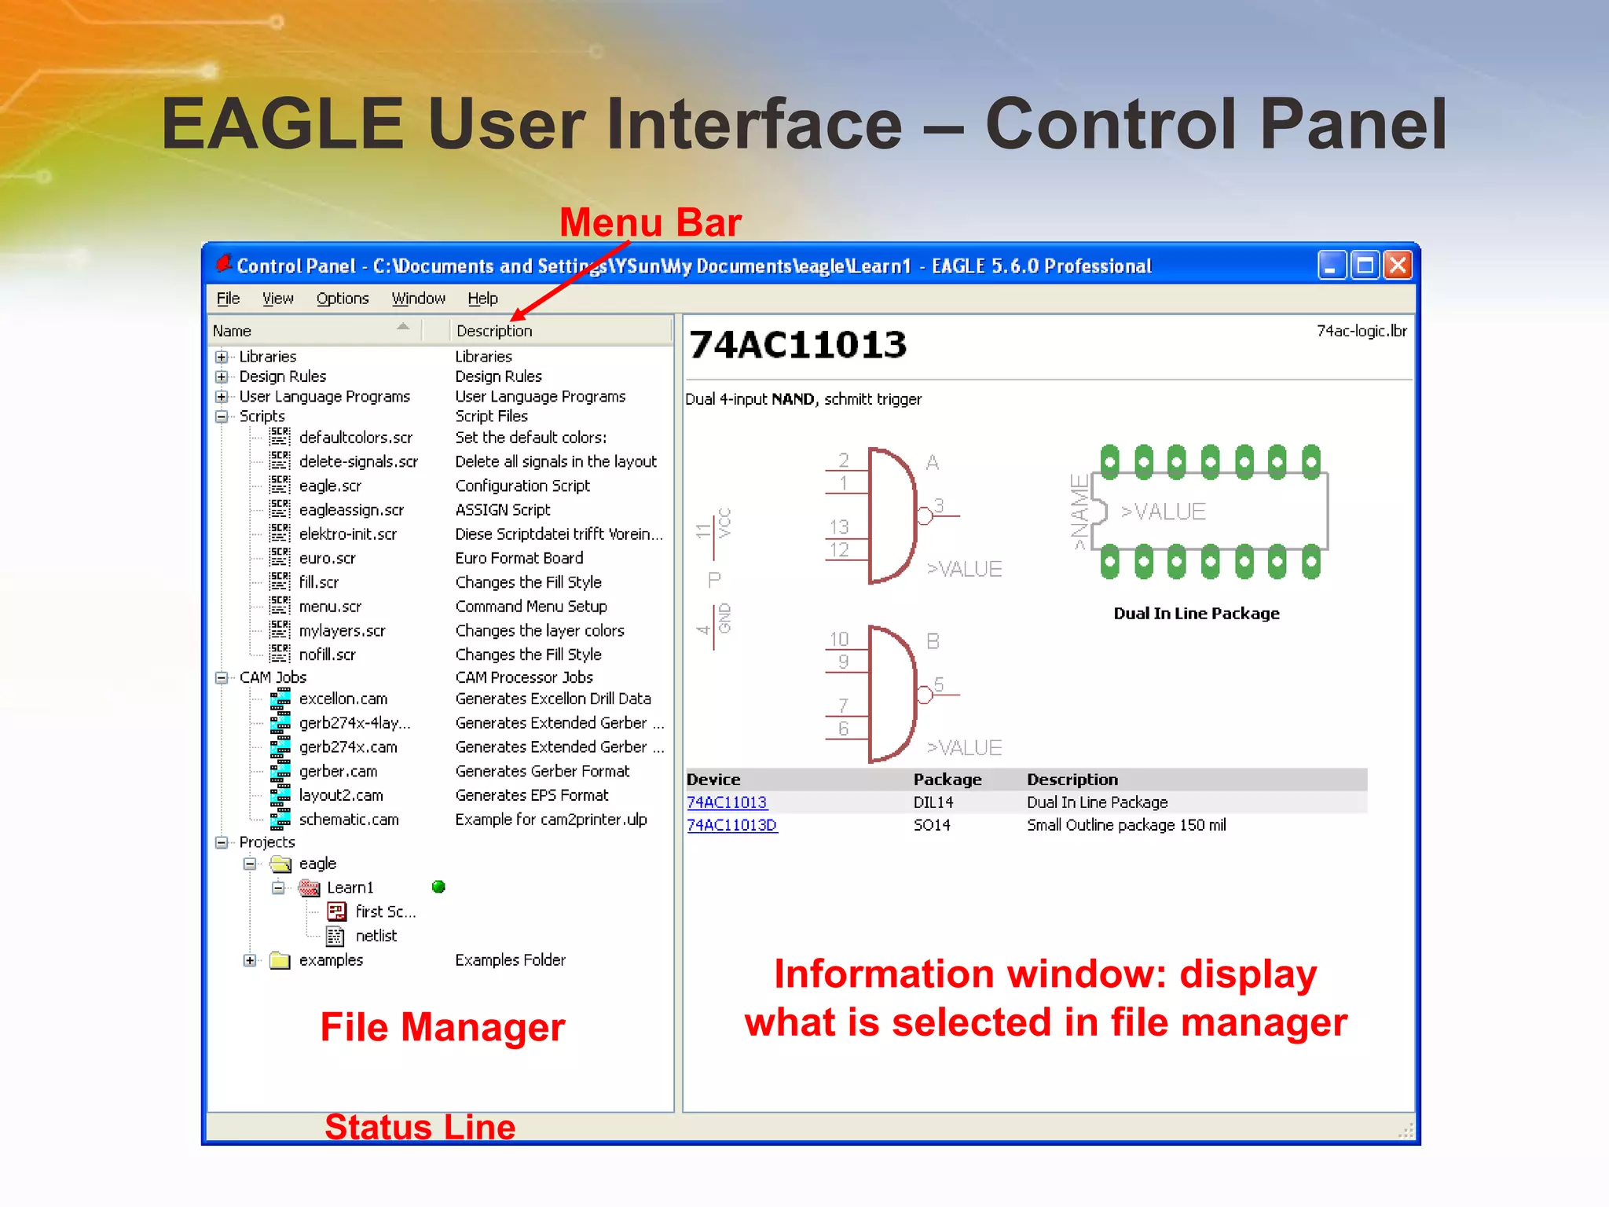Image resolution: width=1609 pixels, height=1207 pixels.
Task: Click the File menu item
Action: coord(228,299)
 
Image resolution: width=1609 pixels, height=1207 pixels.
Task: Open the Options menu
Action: coord(343,299)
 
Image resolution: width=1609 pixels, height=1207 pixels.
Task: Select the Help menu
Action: coord(482,299)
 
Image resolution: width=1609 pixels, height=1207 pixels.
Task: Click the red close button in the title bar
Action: coord(1398,266)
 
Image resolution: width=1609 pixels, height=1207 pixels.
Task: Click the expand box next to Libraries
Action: coord(222,357)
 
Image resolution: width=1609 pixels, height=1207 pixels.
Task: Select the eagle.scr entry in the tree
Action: coord(330,486)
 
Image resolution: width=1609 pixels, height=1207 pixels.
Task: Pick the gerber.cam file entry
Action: coord(338,771)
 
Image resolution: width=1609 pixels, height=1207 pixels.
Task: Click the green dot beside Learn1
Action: coord(438,886)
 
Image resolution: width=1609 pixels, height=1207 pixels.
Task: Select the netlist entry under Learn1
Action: coord(376,935)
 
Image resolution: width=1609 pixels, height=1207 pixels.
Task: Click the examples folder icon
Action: coord(280,960)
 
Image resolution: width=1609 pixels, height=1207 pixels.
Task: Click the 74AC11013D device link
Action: coord(731,825)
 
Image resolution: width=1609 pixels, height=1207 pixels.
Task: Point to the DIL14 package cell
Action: coord(933,802)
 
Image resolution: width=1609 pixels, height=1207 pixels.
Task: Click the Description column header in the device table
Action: coord(1072,780)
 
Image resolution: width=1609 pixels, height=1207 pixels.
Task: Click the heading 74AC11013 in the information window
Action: coord(797,345)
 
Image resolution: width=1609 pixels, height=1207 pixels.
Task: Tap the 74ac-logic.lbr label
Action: coord(1361,331)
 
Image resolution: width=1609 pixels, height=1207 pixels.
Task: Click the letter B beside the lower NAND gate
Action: coord(933,641)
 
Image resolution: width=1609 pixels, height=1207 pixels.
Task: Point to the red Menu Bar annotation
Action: coord(650,222)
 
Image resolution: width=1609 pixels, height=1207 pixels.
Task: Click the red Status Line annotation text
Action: coord(420,1127)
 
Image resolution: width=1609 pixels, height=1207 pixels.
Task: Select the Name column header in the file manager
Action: coord(233,331)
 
